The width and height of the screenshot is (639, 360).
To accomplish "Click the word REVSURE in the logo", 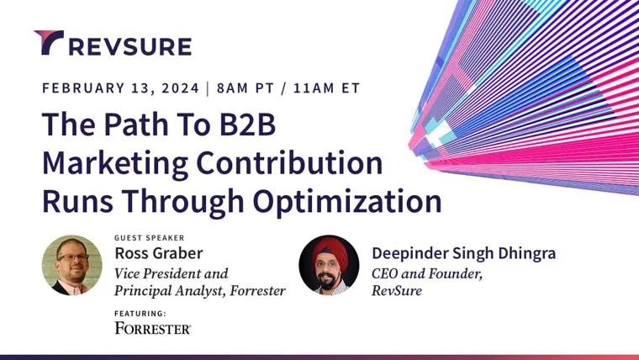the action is point(130,46).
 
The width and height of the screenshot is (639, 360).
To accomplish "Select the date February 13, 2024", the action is point(120,88).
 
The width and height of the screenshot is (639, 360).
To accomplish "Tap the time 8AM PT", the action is point(246,88).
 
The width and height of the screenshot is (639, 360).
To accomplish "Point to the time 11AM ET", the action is point(327,88).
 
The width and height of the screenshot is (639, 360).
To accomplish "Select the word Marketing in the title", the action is point(115,164).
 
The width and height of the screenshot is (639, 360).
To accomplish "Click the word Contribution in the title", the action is point(289,162).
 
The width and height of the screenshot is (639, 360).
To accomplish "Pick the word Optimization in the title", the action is point(347,202).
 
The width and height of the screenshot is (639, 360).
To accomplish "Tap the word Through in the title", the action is point(183,202).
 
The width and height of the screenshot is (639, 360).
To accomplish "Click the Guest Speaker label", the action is point(149,238).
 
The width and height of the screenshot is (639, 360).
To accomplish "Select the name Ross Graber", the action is point(159,253).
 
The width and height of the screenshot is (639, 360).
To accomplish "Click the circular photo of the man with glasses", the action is point(72,265).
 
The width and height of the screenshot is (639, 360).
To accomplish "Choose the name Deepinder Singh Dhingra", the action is point(463,253).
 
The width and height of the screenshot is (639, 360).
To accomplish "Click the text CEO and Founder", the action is point(426,273).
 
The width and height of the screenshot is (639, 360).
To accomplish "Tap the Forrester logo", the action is point(153,328).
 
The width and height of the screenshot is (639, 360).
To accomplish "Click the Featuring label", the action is point(140,314).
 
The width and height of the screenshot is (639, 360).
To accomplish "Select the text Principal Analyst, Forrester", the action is point(200,291).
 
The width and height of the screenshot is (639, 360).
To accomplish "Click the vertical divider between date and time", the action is point(208,88).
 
